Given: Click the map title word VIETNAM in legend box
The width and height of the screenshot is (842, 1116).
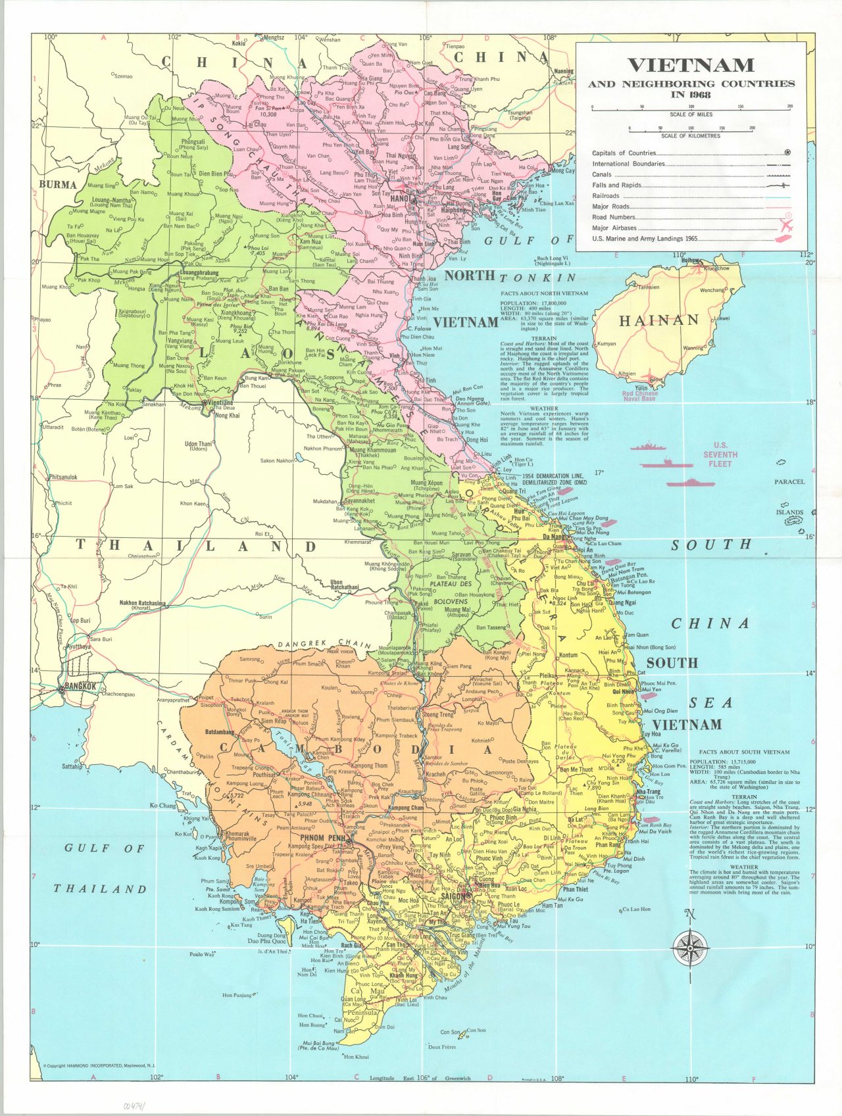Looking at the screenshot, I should pos(690,65).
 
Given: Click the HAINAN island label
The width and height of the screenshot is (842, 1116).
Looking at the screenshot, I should pos(658,320).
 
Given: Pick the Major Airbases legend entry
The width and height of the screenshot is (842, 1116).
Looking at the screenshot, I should pos(614,228).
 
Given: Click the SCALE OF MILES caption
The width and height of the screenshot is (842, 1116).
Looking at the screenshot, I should pos(691,114).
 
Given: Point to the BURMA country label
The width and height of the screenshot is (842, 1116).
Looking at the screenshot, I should pos(58,184).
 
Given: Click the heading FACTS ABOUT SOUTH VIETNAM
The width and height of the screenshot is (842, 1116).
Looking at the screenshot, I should pos(744,752).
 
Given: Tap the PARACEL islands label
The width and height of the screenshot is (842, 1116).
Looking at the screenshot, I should pos(789,482).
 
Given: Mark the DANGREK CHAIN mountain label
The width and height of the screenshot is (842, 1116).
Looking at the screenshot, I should pos(324,644).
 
